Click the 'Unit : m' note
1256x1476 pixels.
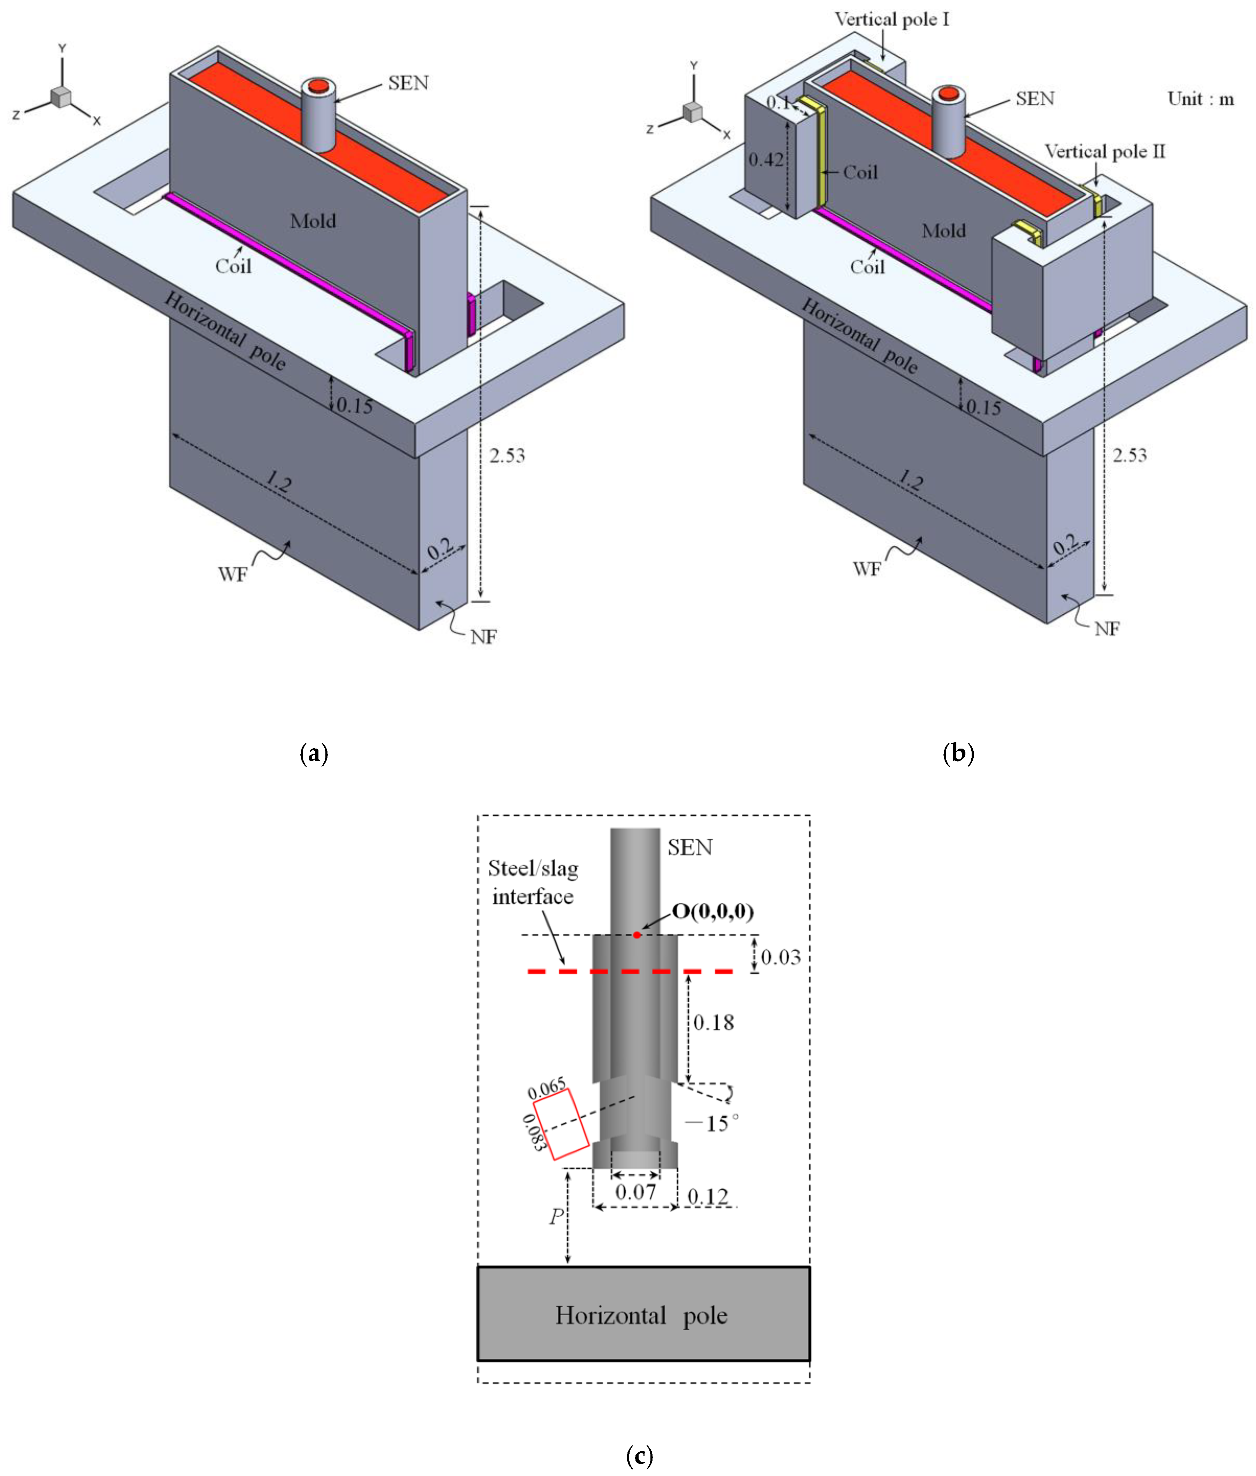[x=1200, y=99]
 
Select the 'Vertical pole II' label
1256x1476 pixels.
[x=1104, y=152]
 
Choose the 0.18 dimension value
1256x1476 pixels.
[x=713, y=1023]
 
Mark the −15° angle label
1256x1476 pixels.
[x=711, y=1124]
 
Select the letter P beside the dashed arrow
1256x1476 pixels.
[x=556, y=1217]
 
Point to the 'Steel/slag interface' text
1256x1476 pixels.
[x=533, y=883]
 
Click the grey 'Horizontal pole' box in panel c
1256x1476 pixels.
[x=643, y=1315]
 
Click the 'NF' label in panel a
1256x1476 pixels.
[x=484, y=637]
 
